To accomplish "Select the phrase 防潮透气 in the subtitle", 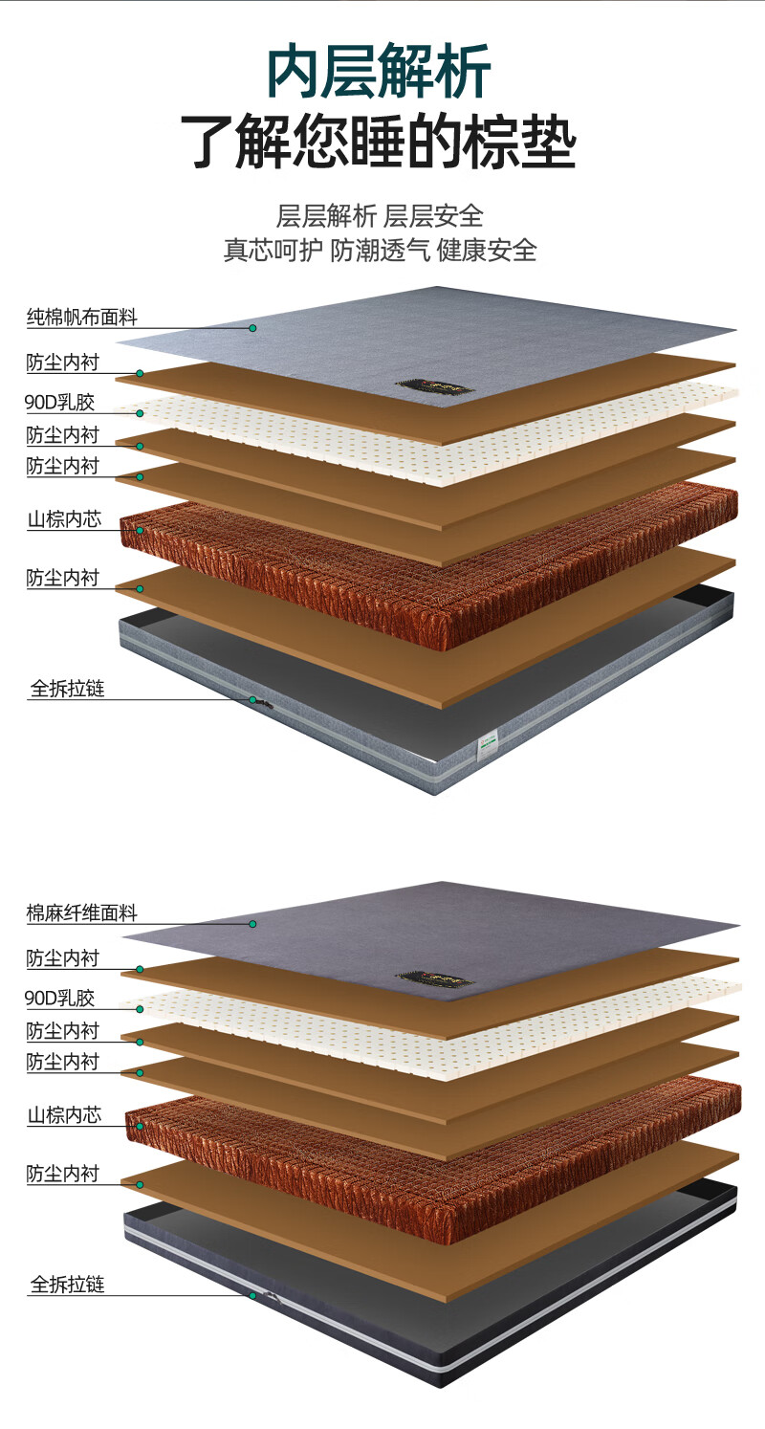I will click(381, 251).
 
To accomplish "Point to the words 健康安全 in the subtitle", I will click(487, 251).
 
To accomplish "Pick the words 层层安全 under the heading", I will click(434, 215).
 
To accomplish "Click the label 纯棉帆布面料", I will click(81, 318).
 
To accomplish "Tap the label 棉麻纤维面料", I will click(81, 913).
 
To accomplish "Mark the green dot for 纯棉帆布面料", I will click(253, 328).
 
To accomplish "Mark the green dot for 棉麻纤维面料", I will click(253, 924).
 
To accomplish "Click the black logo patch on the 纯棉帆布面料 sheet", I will click(435, 386).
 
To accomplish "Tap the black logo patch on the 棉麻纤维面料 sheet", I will click(435, 980).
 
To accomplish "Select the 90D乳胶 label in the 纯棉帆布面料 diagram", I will click(60, 403).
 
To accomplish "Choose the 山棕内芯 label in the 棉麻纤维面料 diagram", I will click(64, 1115).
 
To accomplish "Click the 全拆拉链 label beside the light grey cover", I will click(67, 688).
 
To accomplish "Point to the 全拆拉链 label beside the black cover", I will click(67, 1284).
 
